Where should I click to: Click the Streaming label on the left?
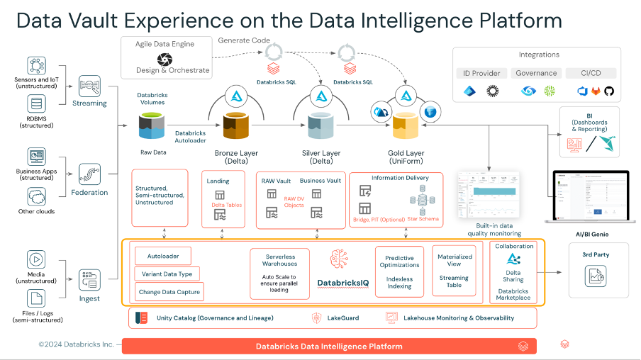(90, 103)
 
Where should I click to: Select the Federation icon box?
(90, 174)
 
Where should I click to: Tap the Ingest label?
(90, 298)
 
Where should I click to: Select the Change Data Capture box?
(169, 291)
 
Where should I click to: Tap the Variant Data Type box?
(167, 274)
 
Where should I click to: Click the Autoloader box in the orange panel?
(162, 255)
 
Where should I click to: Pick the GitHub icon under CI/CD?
(608, 91)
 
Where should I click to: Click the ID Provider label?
(481, 73)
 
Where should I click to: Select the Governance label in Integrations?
(536, 73)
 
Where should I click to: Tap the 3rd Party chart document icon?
(594, 277)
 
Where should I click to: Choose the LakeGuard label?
(342, 318)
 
